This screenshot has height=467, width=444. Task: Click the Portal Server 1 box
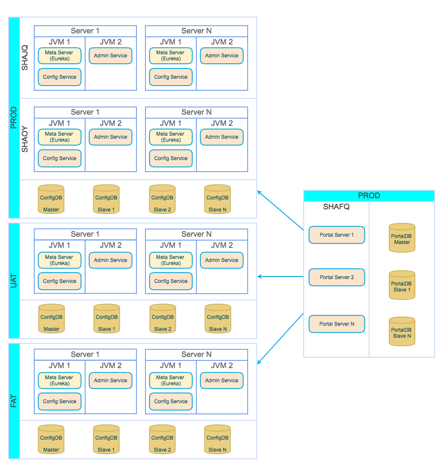click(x=337, y=235)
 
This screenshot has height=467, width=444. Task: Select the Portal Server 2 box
click(x=337, y=277)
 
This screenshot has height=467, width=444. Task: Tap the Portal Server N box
click(x=337, y=324)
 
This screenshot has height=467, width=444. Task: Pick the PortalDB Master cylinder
click(x=402, y=238)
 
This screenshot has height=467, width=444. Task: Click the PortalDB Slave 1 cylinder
click(x=402, y=286)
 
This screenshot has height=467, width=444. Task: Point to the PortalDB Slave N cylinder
click(x=402, y=332)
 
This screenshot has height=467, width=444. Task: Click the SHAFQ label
click(x=336, y=207)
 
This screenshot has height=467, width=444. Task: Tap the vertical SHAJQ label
click(x=25, y=58)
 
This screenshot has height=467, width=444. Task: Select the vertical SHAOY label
click(x=25, y=139)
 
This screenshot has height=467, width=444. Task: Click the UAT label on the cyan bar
click(x=14, y=280)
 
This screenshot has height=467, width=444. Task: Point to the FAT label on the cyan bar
click(x=14, y=401)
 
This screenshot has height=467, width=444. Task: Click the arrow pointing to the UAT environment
click(x=280, y=277)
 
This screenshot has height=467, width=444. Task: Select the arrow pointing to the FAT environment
click(x=280, y=339)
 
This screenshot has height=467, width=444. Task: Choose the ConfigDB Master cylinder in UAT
click(x=51, y=319)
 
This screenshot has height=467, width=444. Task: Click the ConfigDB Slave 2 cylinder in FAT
click(x=162, y=439)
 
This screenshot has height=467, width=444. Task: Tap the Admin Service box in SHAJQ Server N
click(x=222, y=56)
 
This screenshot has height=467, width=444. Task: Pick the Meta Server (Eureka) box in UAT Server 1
click(x=59, y=260)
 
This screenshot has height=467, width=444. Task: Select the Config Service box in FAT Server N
click(x=171, y=402)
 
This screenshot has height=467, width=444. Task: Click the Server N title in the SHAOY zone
click(x=196, y=112)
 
